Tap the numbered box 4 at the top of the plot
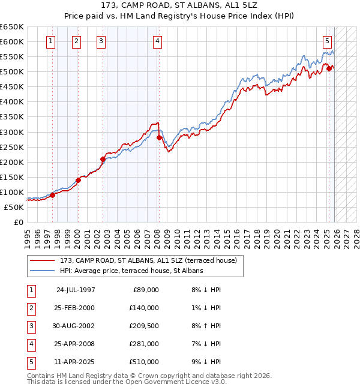[x=157, y=41]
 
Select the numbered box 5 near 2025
[x=327, y=41]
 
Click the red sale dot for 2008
[x=159, y=137]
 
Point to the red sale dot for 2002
[x=103, y=159]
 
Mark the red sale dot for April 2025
[x=329, y=68]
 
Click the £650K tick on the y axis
[x=12, y=27]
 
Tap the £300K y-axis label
[x=12, y=132]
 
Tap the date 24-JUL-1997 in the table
[x=76, y=289]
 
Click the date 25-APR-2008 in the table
[x=76, y=344]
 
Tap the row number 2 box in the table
[x=29, y=308]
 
